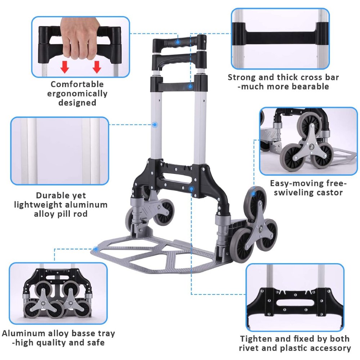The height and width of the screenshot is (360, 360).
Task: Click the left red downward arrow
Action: [64, 67]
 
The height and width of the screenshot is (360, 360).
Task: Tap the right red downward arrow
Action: [96, 67]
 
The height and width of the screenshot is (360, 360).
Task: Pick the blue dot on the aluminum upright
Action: [155, 125]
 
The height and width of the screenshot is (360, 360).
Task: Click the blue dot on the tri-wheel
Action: [254, 193]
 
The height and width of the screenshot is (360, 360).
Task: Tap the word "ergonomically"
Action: [77, 94]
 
